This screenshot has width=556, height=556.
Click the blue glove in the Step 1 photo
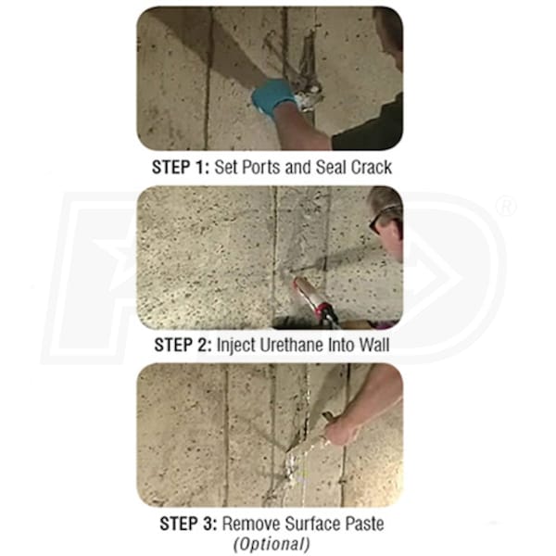click(273, 95)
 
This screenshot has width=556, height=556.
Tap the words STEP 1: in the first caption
click(181, 167)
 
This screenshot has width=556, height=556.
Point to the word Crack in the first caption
click(372, 167)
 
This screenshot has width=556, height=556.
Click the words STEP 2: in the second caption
click(183, 345)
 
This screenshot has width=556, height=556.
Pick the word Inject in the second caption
click(235, 346)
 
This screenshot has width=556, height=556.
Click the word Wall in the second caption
click(374, 345)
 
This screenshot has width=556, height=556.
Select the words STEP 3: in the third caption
click(188, 524)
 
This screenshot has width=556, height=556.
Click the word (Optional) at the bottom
click(272, 544)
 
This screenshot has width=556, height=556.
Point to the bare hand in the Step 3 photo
click(341, 430)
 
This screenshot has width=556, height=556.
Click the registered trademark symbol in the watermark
click(507, 207)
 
